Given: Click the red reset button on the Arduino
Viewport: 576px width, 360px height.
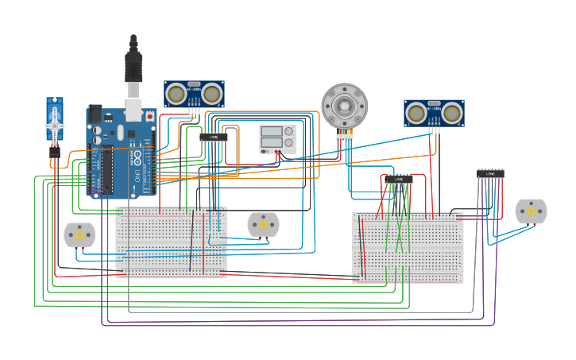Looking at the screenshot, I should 149,116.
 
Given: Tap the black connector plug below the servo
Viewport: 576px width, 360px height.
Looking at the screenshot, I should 54,151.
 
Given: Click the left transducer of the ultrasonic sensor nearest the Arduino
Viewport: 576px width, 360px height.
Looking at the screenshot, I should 175,95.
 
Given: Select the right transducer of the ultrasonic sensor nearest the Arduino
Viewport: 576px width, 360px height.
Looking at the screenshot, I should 211,95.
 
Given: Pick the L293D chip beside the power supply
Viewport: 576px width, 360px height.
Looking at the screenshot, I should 214,137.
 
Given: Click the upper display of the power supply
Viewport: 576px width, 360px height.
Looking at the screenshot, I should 271,131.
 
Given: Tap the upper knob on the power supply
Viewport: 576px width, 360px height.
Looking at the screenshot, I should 288,131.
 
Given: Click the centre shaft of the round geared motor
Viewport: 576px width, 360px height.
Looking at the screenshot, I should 344,104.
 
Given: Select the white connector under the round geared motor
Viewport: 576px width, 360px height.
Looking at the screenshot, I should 344,137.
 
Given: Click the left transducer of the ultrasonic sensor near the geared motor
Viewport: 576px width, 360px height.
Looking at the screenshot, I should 415,114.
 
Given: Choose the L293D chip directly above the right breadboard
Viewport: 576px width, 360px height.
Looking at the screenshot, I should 399,180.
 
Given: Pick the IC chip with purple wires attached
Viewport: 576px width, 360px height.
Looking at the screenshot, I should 490,173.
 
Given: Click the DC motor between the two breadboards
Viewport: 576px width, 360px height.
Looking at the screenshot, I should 263,225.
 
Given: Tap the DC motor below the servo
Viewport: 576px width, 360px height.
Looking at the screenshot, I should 79,234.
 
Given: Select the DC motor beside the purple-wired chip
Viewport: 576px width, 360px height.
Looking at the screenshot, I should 531,211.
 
